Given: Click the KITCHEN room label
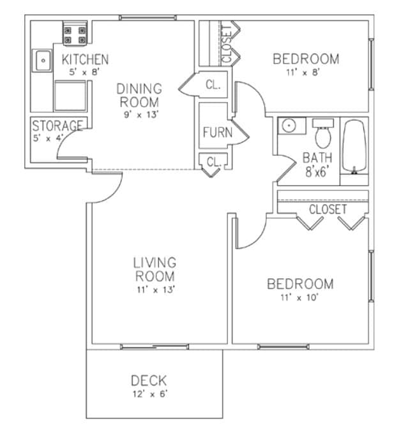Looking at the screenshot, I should click(85, 60).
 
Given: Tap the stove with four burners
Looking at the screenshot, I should click(75, 34).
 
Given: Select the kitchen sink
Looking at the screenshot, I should click(43, 62).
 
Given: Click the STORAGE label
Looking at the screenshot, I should click(57, 126).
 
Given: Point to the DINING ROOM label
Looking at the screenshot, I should click(139, 95).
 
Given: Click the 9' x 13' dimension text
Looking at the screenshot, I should click(139, 115).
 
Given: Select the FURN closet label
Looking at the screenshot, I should click(213, 133).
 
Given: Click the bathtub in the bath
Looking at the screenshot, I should click(354, 146).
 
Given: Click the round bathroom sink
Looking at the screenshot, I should click(289, 125).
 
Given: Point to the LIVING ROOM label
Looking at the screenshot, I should click(155, 269).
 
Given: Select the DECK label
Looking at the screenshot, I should click(149, 381).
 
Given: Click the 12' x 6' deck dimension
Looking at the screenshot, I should click(149, 394).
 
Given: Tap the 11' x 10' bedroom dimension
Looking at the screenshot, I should click(299, 296).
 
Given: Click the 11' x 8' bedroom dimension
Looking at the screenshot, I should click(306, 72).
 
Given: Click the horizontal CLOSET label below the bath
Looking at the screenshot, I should click(328, 209).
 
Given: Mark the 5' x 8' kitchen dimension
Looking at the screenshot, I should click(84, 73).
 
